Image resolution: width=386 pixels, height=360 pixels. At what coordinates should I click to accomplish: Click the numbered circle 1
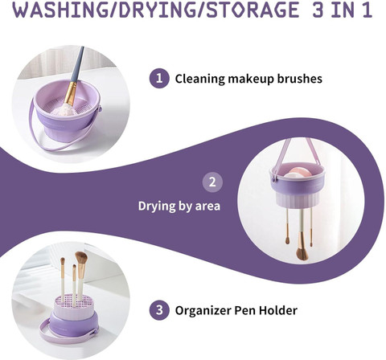[x=159, y=78]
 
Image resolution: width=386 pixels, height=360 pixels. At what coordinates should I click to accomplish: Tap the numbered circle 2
[x=212, y=182]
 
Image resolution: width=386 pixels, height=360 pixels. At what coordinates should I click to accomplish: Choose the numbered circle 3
[x=159, y=310]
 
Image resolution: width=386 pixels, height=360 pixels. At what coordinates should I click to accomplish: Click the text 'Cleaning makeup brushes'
[x=248, y=79]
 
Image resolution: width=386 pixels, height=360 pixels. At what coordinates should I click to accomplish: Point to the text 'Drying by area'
[x=179, y=207]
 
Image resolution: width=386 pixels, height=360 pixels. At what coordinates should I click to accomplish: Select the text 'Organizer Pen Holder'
[x=236, y=310]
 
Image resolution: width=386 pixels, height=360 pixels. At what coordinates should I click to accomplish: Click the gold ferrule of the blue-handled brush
[x=71, y=93]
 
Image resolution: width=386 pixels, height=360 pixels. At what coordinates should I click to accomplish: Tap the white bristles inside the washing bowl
[x=65, y=110]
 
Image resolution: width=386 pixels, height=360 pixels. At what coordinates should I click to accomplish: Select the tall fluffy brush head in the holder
[x=81, y=258]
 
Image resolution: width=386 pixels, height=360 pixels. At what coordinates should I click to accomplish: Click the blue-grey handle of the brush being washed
[x=78, y=64]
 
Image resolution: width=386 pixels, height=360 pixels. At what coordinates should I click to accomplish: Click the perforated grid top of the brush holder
[x=72, y=302]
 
